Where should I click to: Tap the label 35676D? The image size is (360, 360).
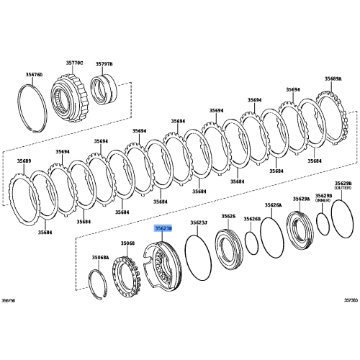[34, 74]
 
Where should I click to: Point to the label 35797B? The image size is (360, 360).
[107, 64]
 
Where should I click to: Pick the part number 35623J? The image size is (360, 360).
[199, 222]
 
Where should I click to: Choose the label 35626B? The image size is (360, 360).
[251, 218]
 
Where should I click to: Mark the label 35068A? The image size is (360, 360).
[100, 257]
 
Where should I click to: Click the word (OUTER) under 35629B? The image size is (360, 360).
[342, 190]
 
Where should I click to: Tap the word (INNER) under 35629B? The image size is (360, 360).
[323, 200]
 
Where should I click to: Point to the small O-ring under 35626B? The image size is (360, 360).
[251, 243]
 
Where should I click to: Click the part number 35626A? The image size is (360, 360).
[273, 206]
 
